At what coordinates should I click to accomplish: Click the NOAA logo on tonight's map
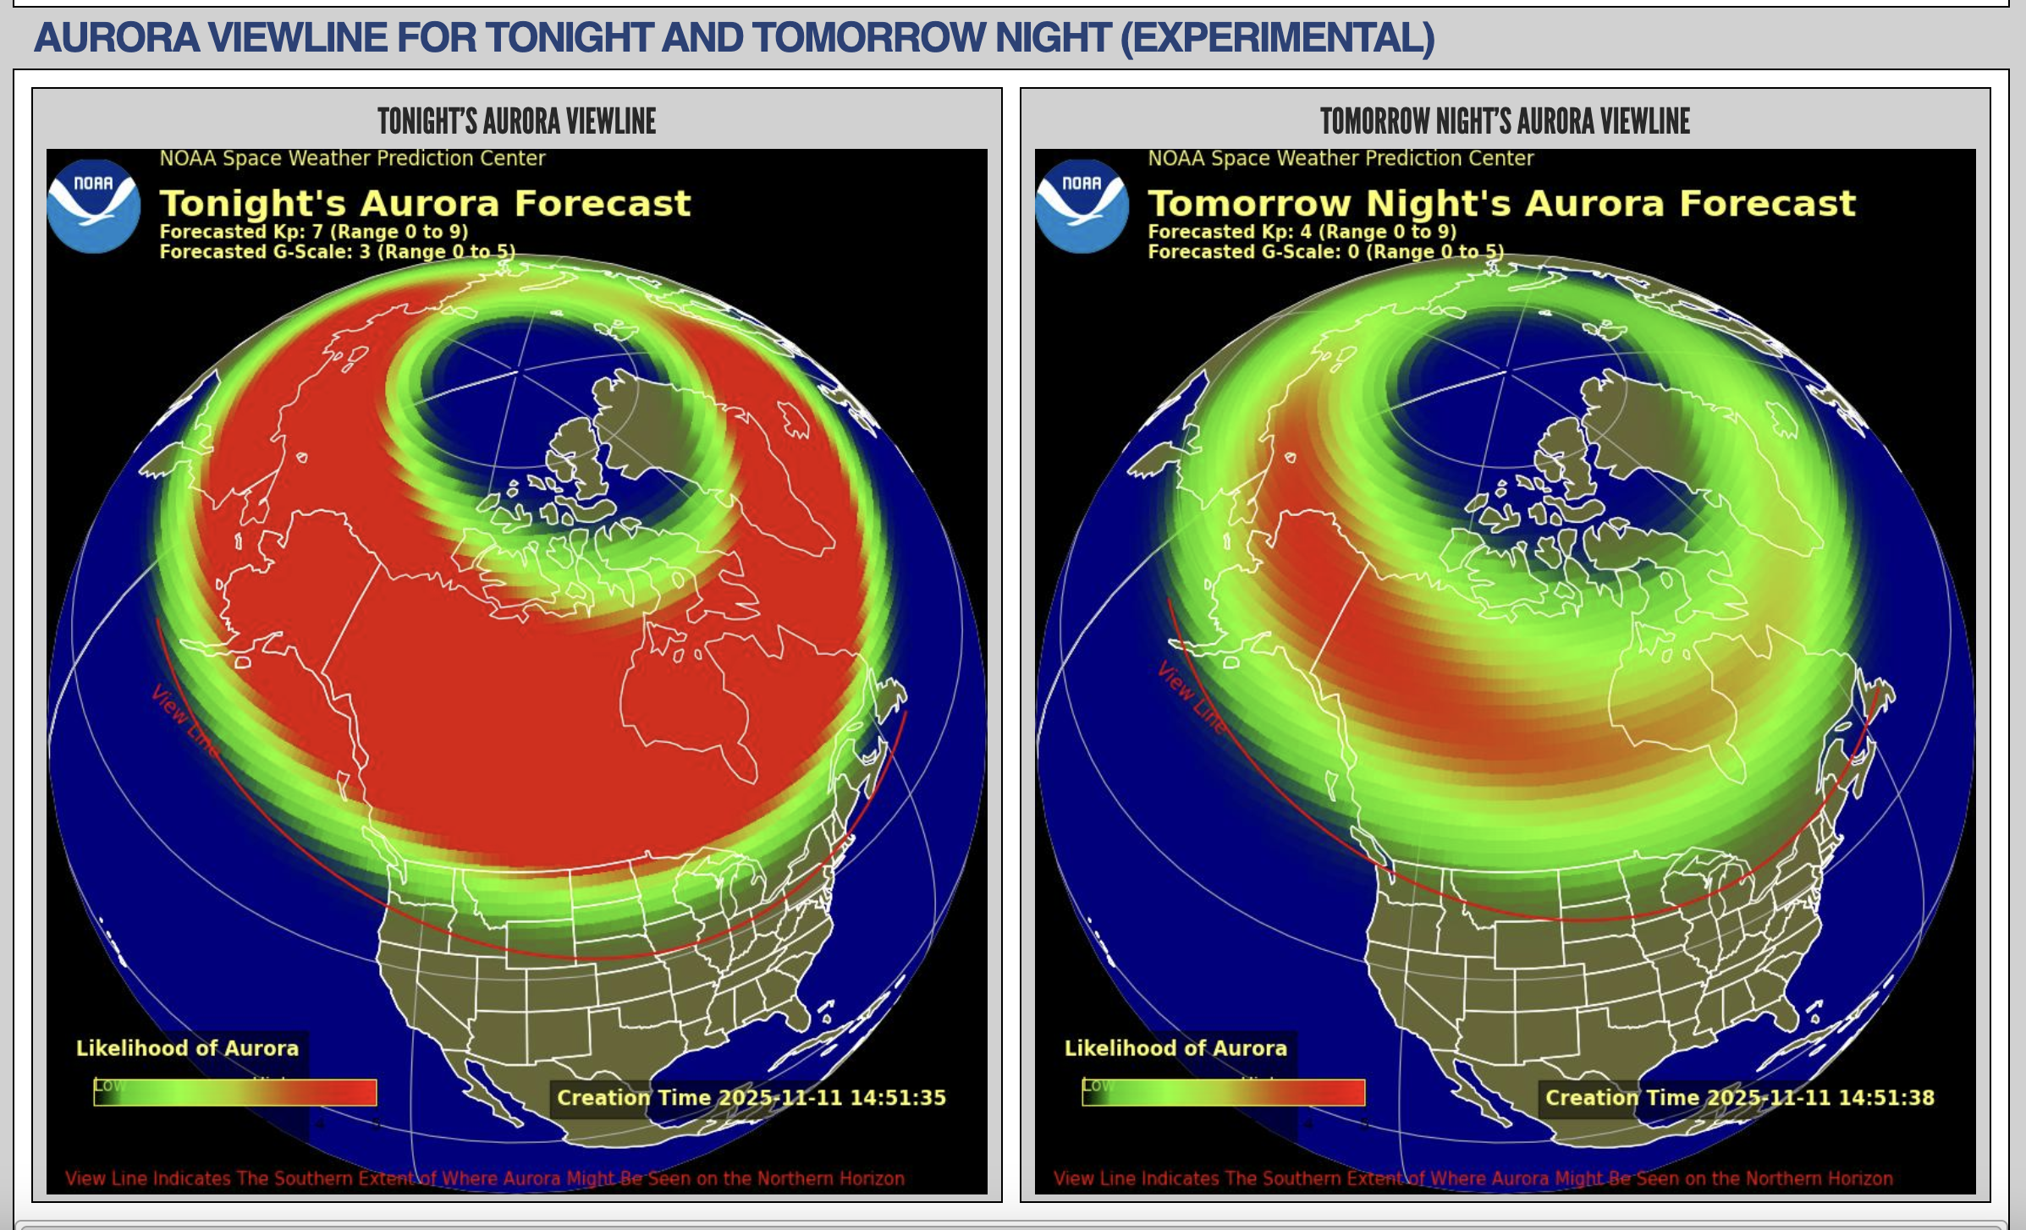[93, 206]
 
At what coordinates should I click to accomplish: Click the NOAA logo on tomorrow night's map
[1082, 206]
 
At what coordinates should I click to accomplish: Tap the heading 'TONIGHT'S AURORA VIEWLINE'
[516, 121]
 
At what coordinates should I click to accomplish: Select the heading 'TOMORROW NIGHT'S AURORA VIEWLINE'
[1505, 121]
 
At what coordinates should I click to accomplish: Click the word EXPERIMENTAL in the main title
[1277, 38]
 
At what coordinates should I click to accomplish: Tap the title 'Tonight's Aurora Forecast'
[425, 203]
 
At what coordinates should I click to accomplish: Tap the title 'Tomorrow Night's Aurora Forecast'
[1501, 203]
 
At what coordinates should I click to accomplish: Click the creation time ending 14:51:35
[751, 1097]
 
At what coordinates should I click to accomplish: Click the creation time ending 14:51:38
[1739, 1097]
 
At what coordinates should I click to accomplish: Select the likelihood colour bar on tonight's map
[235, 1092]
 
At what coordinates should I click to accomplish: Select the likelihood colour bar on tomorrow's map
[1224, 1092]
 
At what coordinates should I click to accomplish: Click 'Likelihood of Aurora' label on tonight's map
[187, 1048]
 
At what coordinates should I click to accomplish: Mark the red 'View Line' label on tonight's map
[184, 720]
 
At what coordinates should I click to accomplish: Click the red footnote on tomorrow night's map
[1473, 1178]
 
